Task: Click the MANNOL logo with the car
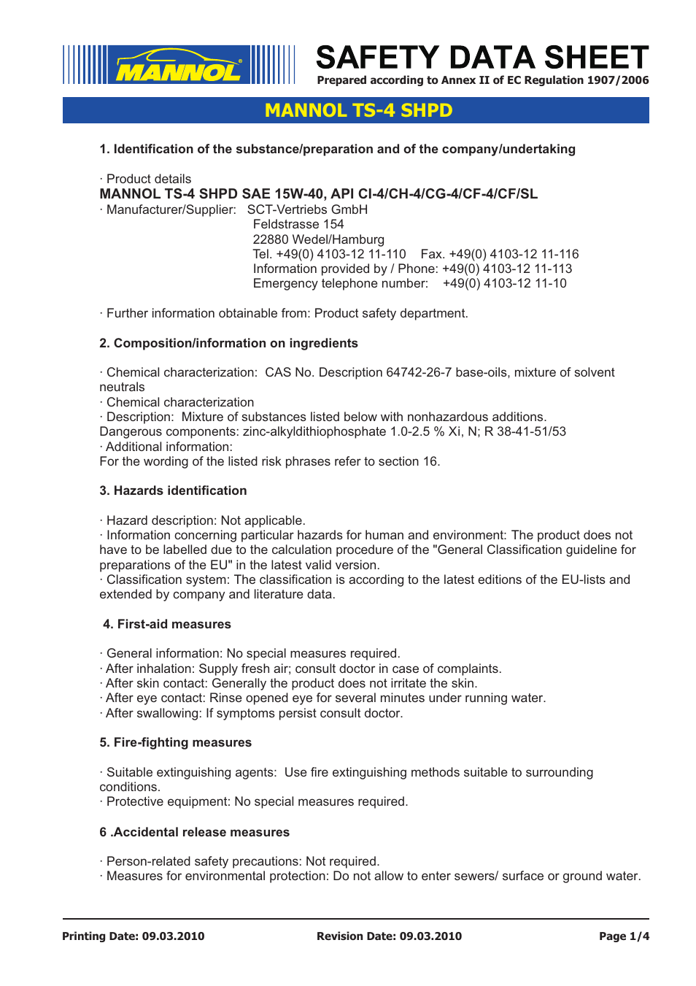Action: pos(179,66)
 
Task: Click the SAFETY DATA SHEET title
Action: pos(482,58)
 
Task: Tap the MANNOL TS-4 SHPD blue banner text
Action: pos(358,110)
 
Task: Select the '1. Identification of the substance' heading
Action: pos(337,149)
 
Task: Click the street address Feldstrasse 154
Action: pos(298,224)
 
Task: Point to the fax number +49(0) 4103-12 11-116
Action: pos(514,254)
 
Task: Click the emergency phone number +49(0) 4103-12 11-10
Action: pos(504,283)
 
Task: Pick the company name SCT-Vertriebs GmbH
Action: pos(307,209)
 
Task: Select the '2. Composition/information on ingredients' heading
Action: pos(228,343)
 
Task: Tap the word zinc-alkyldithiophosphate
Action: pos(314,431)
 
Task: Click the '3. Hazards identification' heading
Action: pos(173,490)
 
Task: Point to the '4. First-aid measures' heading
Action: pos(166,624)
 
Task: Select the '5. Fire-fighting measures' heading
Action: pos(175,742)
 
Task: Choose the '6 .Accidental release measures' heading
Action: pos(194,832)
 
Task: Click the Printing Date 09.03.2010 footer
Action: pos(133,936)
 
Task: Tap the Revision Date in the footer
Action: pos(389,936)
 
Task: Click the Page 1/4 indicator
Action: pos(624,936)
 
